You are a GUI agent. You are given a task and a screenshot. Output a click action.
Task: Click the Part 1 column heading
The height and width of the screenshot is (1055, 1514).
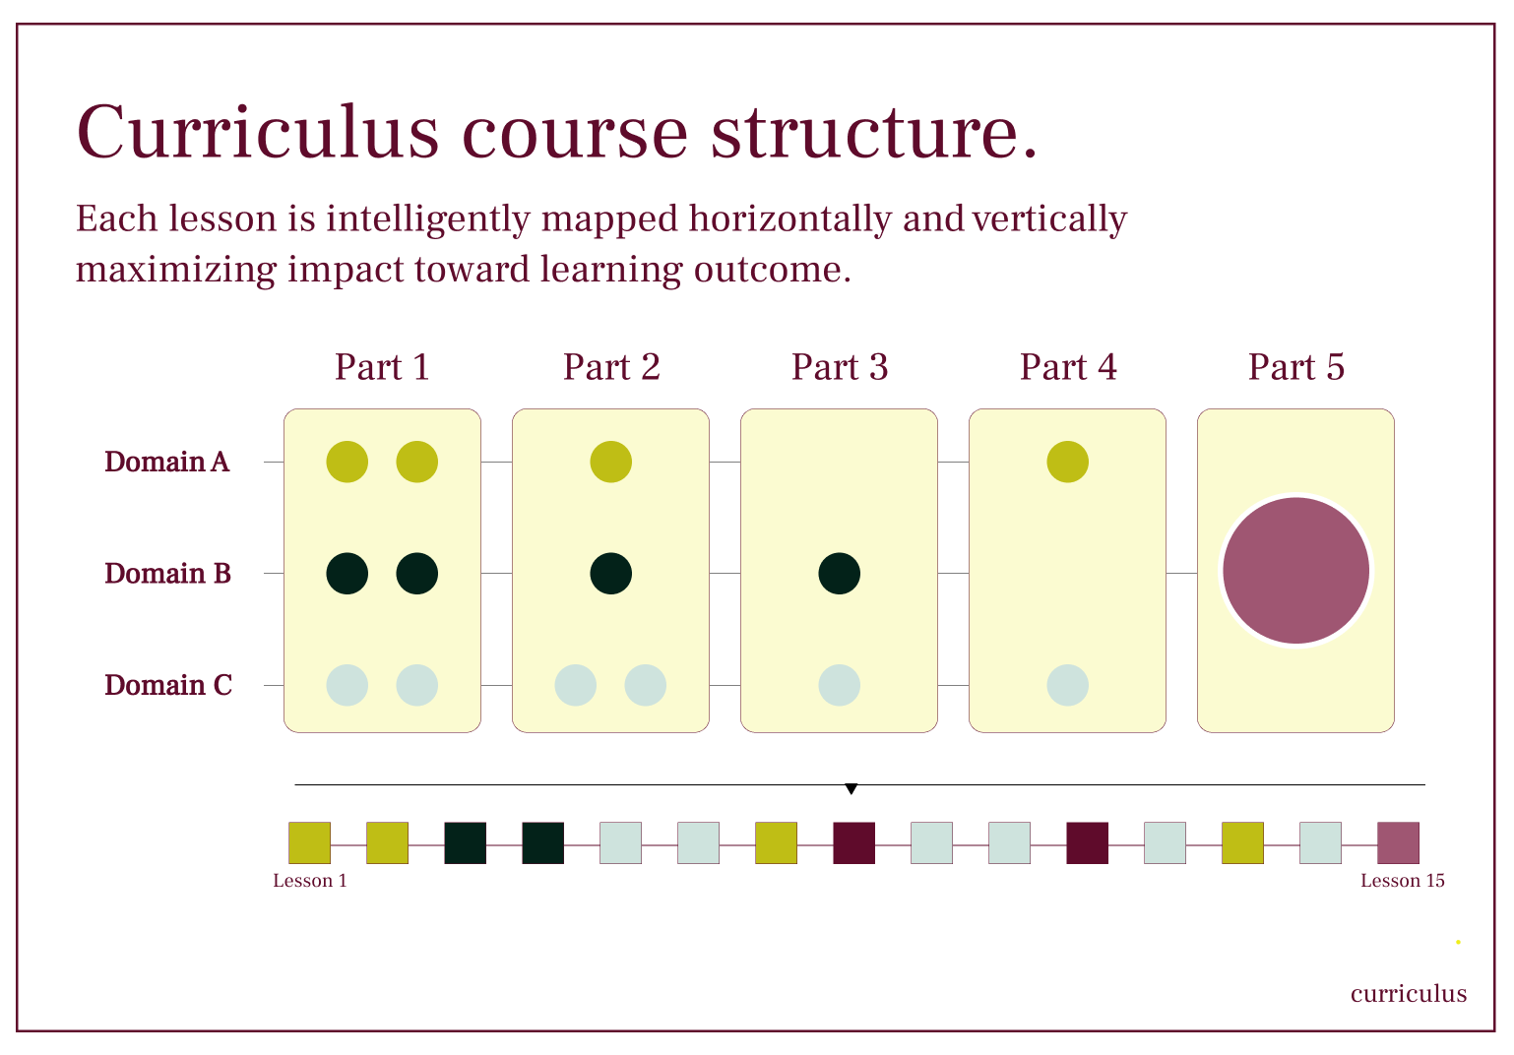382,367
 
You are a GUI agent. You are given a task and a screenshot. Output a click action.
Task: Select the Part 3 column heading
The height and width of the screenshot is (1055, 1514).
839,367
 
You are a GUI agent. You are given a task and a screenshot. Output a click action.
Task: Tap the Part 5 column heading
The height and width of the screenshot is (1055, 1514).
1295,367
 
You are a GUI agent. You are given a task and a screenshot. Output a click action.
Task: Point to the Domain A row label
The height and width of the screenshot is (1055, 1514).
166,462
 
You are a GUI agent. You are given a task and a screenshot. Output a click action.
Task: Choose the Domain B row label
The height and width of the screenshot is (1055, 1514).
167,573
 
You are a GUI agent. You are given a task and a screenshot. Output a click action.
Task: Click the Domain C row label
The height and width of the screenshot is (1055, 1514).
168,685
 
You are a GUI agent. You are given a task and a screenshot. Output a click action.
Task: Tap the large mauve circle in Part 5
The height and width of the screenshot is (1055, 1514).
1295,571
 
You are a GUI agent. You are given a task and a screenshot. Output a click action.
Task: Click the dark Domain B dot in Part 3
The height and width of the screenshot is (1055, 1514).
839,573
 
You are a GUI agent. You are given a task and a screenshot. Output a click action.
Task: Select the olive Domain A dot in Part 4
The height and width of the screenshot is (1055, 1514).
1067,462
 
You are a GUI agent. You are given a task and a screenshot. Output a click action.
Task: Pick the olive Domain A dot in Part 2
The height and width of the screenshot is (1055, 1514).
610,462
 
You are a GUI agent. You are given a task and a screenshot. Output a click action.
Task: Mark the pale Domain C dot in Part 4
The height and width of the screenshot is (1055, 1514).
1067,685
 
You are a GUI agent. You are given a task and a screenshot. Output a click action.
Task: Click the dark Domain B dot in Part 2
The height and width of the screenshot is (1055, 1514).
610,573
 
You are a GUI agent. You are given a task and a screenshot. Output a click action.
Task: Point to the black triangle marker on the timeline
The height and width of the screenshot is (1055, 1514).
852,788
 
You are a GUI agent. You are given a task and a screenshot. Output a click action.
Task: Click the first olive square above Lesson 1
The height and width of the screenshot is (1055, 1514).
309,843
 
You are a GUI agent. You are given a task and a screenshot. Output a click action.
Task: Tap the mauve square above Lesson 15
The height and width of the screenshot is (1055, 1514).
1398,843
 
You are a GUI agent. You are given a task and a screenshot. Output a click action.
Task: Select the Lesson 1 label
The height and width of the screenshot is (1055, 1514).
310,881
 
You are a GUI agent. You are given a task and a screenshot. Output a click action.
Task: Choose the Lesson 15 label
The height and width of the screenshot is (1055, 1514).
1402,881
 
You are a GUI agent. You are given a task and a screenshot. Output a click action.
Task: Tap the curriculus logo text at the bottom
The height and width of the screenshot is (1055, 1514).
1408,994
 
